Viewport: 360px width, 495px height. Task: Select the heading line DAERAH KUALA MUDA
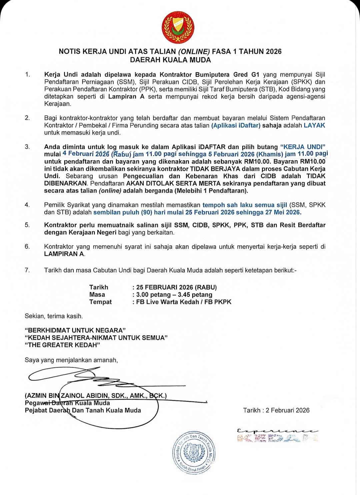(170, 60)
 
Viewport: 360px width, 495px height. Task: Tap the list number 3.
(27, 147)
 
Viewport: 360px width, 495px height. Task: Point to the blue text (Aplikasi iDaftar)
(236, 125)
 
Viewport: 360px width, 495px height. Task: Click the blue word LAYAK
(314, 125)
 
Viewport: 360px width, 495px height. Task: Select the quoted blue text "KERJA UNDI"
(303, 147)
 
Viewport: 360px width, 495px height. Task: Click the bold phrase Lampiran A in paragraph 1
(127, 97)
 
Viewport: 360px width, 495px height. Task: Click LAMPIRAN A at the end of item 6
(65, 254)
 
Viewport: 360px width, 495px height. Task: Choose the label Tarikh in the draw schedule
(99, 287)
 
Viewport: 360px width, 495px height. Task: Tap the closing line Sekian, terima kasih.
(54, 316)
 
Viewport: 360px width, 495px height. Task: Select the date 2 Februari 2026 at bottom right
(288, 410)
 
